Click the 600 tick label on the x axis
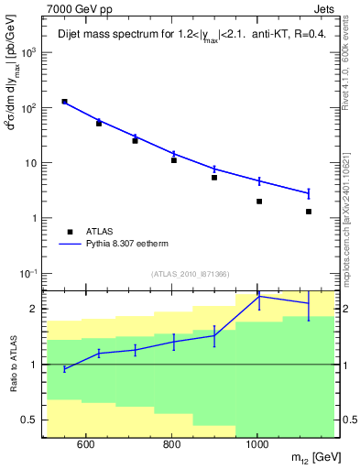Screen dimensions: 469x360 click(85, 445)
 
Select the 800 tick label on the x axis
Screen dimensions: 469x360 click(171, 445)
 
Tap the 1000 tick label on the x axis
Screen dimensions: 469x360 click(257, 445)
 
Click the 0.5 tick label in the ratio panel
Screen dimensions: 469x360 click(29, 420)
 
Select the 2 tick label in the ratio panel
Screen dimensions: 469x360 click(35, 309)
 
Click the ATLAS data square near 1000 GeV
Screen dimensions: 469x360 click(259, 202)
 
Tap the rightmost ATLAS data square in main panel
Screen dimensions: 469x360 click(309, 212)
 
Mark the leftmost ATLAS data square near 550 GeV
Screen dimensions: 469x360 click(64, 102)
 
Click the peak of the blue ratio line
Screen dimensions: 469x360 click(259, 296)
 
